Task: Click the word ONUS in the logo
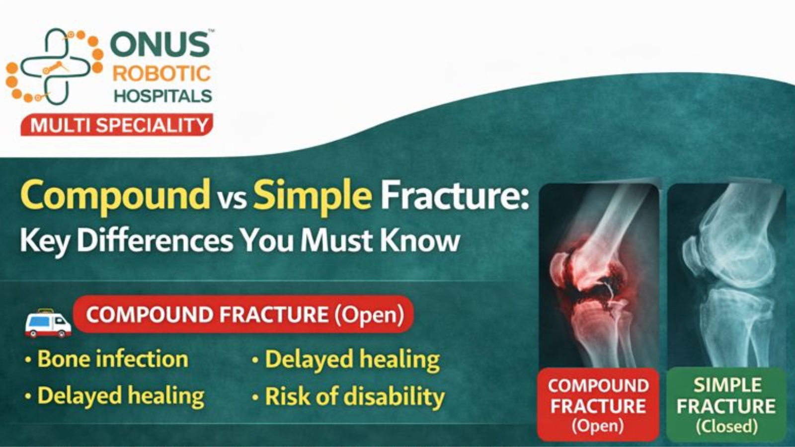tap(160, 45)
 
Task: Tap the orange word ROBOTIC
tap(161, 74)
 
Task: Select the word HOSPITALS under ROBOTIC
tap(163, 95)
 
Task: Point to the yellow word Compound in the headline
tap(115, 195)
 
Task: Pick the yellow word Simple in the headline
tap(313, 195)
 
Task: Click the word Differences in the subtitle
tap(155, 241)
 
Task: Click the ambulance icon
tap(48, 323)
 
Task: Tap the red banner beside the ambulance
tap(243, 314)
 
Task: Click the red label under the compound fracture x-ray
tap(598, 404)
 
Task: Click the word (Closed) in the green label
tap(726, 426)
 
